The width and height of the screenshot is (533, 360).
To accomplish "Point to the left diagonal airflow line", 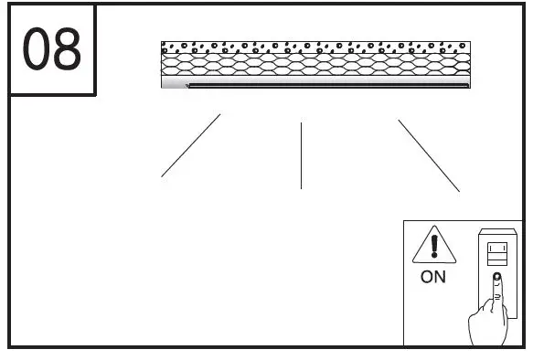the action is click(191, 145).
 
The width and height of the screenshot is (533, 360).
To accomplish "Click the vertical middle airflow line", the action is click(301, 155).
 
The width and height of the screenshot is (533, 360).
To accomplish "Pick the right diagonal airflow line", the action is click(429, 155).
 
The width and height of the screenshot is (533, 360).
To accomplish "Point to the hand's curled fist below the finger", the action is click(488, 324).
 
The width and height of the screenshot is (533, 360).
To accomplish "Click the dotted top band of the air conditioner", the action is click(315, 47).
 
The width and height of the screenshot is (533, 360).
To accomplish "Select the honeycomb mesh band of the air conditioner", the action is click(315, 65).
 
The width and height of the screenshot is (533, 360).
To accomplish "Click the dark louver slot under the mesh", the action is click(329, 86).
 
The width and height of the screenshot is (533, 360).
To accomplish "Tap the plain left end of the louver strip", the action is click(174, 85).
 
